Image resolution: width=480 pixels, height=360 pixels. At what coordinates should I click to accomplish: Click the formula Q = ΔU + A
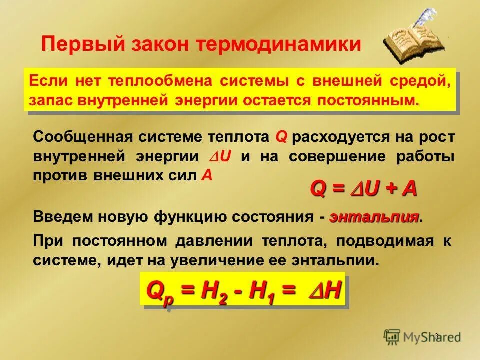[364, 189]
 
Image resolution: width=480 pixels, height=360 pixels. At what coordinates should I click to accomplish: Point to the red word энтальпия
[374, 217]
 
